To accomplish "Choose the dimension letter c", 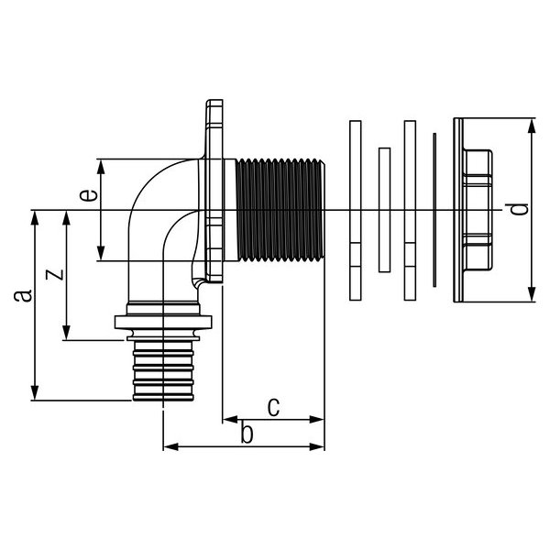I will pyautogui.click(x=273, y=405).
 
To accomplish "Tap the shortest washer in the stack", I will pyautogui.click(x=384, y=210).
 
